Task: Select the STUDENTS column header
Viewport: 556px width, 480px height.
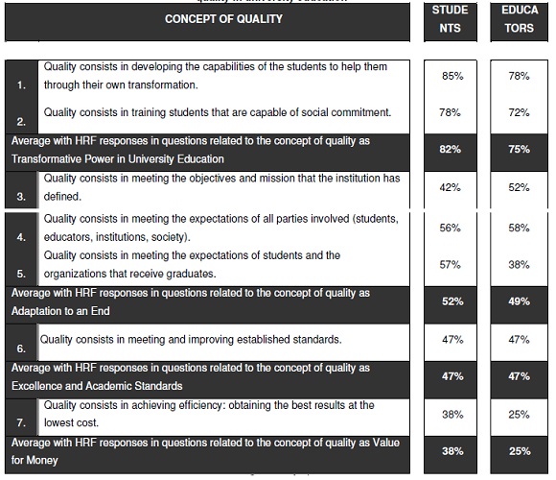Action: pos(451,19)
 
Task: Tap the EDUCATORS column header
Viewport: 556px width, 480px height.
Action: pos(519,19)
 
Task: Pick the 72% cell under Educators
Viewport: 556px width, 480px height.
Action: pos(519,113)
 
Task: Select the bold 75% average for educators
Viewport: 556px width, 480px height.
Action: pos(519,150)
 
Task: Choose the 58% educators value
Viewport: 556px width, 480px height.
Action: pos(519,228)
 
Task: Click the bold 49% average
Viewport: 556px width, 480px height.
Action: pos(519,301)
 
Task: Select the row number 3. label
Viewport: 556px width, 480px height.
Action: pos(22,197)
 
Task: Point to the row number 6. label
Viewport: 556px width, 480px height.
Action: pos(22,348)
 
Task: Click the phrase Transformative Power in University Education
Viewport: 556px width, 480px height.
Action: pos(118,159)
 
